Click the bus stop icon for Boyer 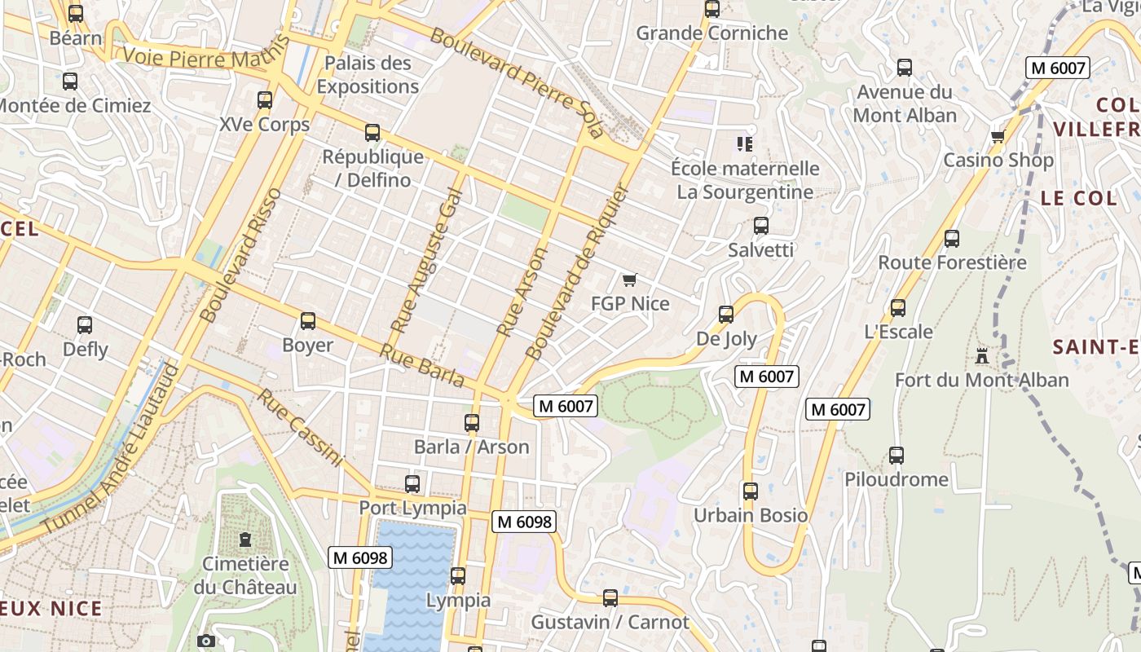click(307, 321)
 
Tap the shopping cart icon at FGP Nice click(629, 280)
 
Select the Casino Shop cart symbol click(998, 136)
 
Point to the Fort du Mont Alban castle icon click(981, 356)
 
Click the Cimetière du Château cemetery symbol click(245, 540)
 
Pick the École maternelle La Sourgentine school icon click(744, 144)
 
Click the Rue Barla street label click(422, 366)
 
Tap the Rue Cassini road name click(300, 428)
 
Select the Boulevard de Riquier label click(578, 272)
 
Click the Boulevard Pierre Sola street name click(517, 81)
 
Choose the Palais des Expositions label click(368, 75)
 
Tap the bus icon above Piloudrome click(896, 456)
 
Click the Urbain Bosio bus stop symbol click(751, 491)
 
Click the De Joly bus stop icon click(726, 315)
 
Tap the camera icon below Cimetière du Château click(206, 641)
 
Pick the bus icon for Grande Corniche click(712, 9)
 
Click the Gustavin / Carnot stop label click(610, 623)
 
